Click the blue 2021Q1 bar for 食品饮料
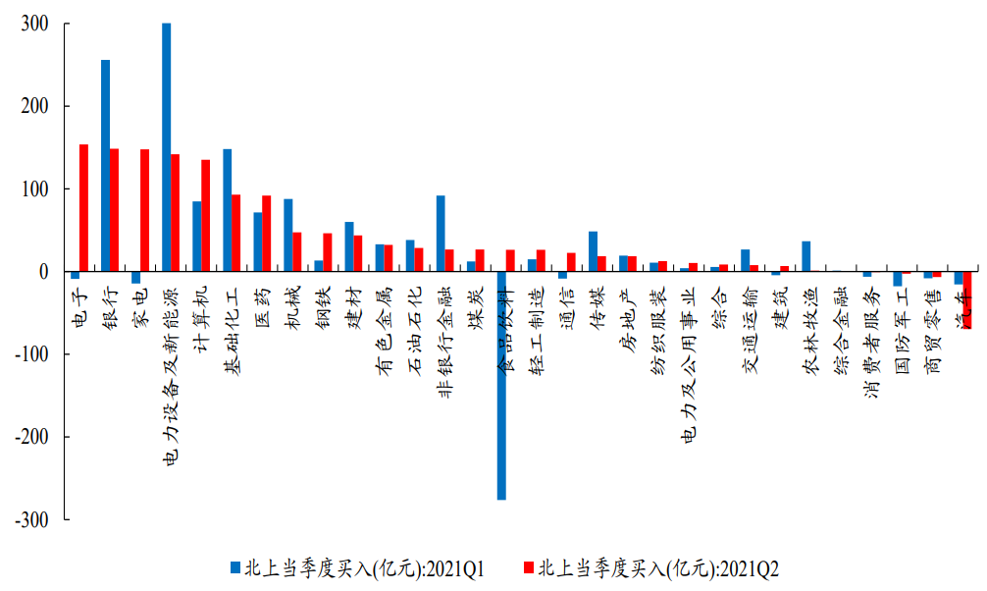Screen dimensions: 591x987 point(501,385)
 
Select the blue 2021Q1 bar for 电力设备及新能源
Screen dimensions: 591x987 point(166,147)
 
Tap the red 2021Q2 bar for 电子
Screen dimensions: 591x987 point(84,207)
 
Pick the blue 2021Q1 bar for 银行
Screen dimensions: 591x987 point(105,165)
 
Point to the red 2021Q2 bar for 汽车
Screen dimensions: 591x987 point(967,299)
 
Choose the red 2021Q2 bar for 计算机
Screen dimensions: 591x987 point(206,215)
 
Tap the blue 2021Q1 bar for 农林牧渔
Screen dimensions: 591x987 point(806,256)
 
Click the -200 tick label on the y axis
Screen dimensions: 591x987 point(31,437)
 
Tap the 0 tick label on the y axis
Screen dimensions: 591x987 point(43,272)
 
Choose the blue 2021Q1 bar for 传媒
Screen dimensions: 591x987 point(593,251)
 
